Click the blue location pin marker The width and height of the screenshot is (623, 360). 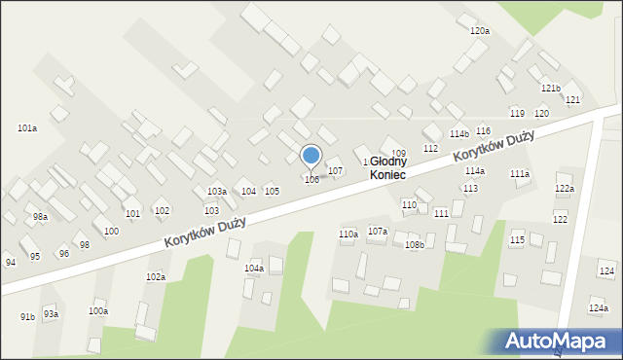311,156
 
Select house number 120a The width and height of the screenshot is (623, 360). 479,31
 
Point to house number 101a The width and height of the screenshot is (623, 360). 27,128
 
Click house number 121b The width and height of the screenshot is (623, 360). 551,89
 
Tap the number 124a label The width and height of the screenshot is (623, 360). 598,307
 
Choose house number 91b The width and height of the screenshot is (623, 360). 27,317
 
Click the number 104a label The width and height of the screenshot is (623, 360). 253,268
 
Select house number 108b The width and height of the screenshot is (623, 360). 415,245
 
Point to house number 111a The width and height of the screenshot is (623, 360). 520,173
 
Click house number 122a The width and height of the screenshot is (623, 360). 565,188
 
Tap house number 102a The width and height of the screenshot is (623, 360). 156,277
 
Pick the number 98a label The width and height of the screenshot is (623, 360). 40,217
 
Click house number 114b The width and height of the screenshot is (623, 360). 458,134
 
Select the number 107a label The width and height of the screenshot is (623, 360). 378,232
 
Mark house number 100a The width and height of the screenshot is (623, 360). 98,311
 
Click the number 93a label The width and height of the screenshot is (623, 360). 51,314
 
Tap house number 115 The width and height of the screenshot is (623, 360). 518,239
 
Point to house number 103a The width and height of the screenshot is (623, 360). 216,192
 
